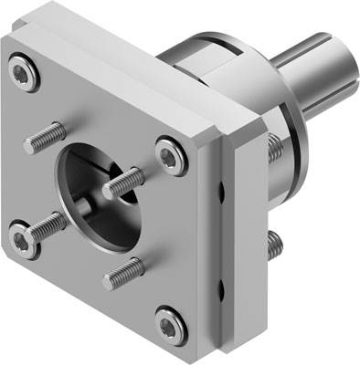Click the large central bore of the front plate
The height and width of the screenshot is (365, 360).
tap(91, 187)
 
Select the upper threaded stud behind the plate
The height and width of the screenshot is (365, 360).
tap(273, 146)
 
